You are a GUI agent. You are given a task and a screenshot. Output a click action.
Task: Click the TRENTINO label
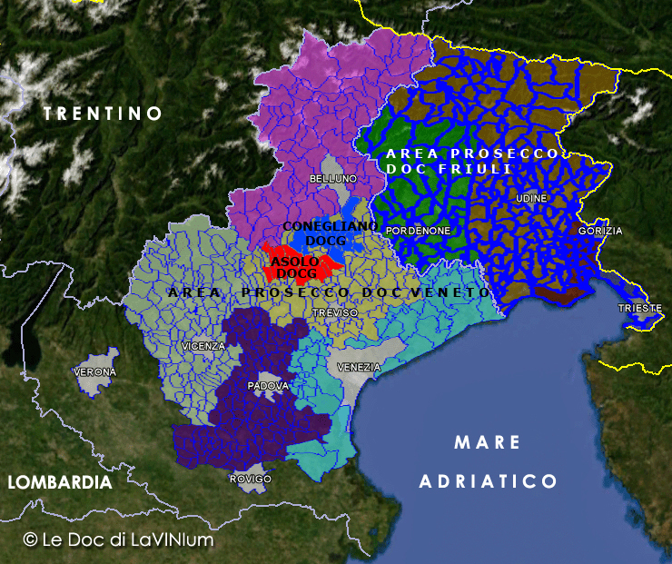pyautogui.click(x=103, y=114)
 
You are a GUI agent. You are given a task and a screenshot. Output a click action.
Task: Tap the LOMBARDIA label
pyautogui.click(x=60, y=483)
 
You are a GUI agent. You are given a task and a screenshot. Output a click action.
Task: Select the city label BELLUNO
pyautogui.click(x=333, y=179)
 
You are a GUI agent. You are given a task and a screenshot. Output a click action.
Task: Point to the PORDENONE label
pyautogui.click(x=419, y=231)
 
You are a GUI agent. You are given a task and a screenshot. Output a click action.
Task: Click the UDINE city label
pyautogui.click(x=531, y=198)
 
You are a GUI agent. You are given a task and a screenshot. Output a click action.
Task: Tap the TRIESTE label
pyautogui.click(x=640, y=309)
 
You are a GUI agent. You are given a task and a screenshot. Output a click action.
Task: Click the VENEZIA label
pyautogui.click(x=359, y=367)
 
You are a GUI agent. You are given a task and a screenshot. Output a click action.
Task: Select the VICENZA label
pyautogui.click(x=203, y=346)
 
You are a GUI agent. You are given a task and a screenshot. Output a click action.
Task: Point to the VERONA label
pyautogui.click(x=95, y=372)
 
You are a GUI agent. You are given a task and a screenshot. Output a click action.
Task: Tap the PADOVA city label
pyautogui.click(x=268, y=386)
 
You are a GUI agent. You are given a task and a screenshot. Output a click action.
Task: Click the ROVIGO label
pyautogui.click(x=252, y=479)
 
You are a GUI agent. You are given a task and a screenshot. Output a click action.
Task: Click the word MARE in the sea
pyautogui.click(x=488, y=443)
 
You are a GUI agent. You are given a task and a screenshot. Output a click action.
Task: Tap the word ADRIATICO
pyautogui.click(x=488, y=481)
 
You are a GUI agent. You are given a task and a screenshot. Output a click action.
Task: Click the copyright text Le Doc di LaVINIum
pyautogui.click(x=118, y=539)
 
